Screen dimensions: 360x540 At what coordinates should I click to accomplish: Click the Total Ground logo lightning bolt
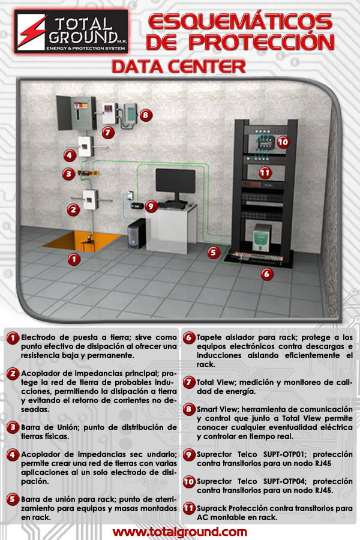pos(32,32)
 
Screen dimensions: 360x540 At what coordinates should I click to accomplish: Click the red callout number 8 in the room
pos(146,115)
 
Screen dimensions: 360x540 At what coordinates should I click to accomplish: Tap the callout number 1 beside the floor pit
pos(74,259)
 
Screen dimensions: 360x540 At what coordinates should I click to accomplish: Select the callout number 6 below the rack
pos(266,274)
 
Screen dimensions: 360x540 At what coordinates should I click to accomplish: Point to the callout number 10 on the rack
pos(283,142)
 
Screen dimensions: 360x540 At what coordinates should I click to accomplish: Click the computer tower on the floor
pos(136,233)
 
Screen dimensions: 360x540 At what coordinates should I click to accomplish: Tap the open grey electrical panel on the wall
pos(76,113)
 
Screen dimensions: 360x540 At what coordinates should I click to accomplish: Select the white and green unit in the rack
pos(262,238)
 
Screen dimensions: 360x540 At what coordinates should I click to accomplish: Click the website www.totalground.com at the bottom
pos(179,532)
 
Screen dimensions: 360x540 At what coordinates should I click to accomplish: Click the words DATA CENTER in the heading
pos(178,67)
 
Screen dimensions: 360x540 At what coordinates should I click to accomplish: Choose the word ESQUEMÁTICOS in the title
pos(240,22)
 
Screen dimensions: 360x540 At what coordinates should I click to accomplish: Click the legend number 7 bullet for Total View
pos(189,383)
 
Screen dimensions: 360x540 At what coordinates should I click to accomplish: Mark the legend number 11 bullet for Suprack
pos(189,509)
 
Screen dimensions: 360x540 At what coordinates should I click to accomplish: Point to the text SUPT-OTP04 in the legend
pos(284,481)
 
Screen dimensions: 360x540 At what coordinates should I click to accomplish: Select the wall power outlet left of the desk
pos(130,195)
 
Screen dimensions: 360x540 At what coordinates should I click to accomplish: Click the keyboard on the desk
pos(171,206)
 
